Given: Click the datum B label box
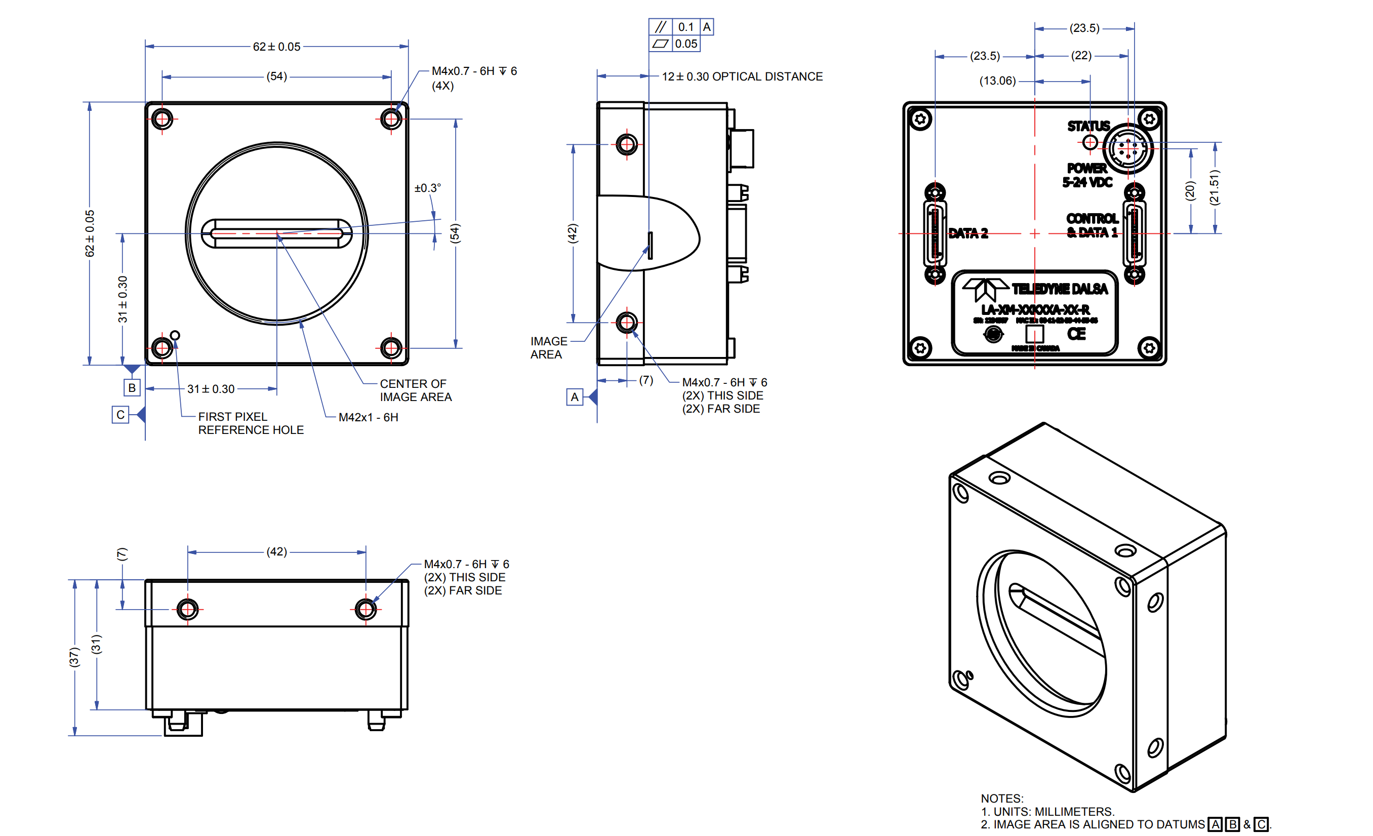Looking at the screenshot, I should (132, 388).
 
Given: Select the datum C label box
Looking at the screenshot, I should (120, 415).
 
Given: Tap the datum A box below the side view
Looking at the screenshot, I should (575, 397).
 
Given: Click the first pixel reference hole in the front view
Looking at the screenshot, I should (175, 336).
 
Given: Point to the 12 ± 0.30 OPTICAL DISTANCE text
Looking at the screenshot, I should (742, 77).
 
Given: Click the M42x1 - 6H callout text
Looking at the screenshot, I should (369, 417).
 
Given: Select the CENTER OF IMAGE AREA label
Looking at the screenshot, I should (415, 390).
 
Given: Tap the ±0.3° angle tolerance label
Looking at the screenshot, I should (427, 188).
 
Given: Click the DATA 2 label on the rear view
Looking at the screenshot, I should (968, 233).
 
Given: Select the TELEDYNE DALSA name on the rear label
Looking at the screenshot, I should (1059, 289).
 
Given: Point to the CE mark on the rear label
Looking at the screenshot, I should (1076, 334).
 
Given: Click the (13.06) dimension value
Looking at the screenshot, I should (997, 82).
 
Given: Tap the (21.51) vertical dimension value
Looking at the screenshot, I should (1215, 187).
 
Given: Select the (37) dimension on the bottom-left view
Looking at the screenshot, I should (74, 657).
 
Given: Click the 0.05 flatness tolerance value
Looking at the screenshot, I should (686, 44).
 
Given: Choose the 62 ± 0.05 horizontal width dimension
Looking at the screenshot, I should (276, 47).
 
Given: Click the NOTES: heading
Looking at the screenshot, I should (1002, 799).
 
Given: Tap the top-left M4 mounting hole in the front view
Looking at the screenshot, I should (162, 118).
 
